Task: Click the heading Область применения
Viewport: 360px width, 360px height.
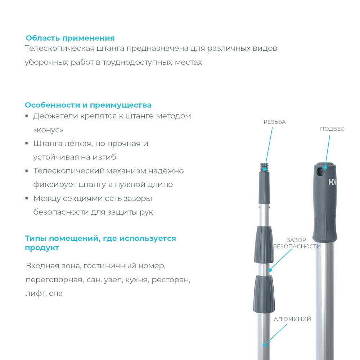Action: [70, 38]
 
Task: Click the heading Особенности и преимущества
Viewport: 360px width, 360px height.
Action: [88, 105]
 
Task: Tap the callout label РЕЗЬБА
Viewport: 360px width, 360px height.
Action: [274, 122]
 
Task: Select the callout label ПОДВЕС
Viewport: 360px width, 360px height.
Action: [332, 129]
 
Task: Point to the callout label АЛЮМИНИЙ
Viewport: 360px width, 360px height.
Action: [292, 319]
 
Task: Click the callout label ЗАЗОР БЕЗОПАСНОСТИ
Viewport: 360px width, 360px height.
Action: [297, 243]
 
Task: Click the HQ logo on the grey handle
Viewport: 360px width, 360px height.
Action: [332, 183]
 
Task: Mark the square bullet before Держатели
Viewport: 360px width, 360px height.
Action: [27, 116]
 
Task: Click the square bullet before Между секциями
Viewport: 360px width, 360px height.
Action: [27, 198]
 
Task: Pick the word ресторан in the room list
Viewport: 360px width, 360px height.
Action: [171, 280]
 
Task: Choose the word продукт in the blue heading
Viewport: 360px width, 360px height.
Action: [42, 248]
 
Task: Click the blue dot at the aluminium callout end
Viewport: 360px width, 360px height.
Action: [265, 345]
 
